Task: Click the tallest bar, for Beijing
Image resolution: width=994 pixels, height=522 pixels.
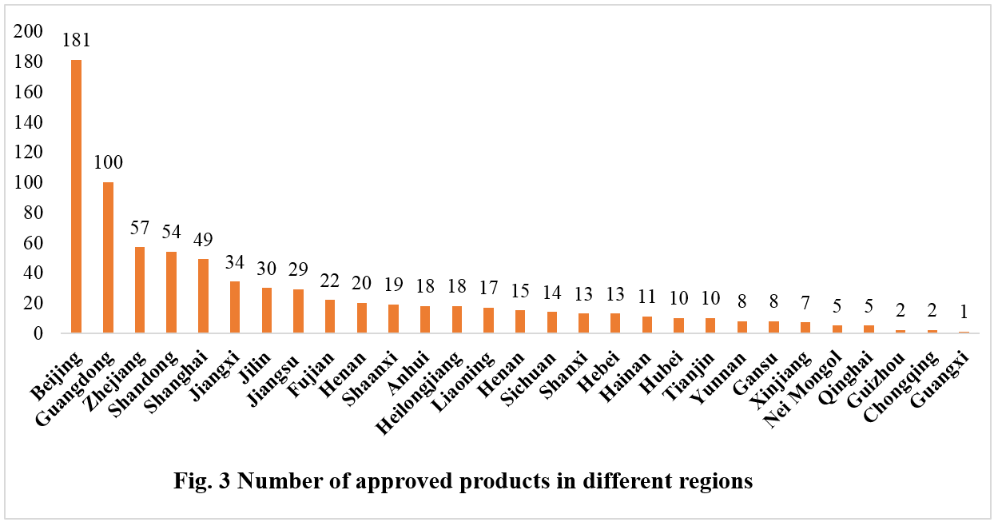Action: (77, 196)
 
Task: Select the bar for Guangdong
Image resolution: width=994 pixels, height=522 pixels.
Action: (108, 257)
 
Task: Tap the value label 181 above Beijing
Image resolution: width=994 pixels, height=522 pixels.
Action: (77, 41)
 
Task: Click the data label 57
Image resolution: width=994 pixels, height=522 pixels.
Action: (140, 228)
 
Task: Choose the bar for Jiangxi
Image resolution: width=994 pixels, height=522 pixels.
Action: (235, 307)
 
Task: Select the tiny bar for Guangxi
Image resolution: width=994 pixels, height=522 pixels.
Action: (964, 332)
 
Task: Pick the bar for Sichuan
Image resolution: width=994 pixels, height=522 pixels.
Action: (551, 322)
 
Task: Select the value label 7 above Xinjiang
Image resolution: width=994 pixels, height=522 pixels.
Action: (805, 305)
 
